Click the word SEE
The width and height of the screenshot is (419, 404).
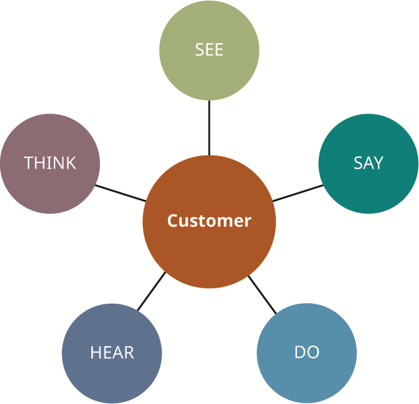(209, 49)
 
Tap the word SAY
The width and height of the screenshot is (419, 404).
(368, 162)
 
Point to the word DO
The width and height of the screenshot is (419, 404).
(307, 352)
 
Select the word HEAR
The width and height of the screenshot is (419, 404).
(112, 352)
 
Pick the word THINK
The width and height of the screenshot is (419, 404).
(50, 162)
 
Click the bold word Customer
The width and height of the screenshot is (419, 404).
(209, 221)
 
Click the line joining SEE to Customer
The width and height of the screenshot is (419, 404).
(209, 127)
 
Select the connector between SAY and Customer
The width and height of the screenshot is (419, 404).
(298, 193)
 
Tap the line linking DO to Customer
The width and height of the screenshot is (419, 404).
(262, 295)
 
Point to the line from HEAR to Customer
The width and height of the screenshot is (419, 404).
(151, 291)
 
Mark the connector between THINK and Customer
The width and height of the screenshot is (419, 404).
(121, 193)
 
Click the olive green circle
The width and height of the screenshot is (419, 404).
(209, 50)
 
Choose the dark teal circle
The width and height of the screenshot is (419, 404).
(369, 164)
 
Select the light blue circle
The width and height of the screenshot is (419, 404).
(307, 353)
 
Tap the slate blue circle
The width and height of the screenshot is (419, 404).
(112, 353)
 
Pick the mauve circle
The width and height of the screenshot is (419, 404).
(50, 164)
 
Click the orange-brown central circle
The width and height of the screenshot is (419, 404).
(209, 222)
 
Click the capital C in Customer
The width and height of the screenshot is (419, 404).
(172, 221)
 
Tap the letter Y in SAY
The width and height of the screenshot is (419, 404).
(378, 162)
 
